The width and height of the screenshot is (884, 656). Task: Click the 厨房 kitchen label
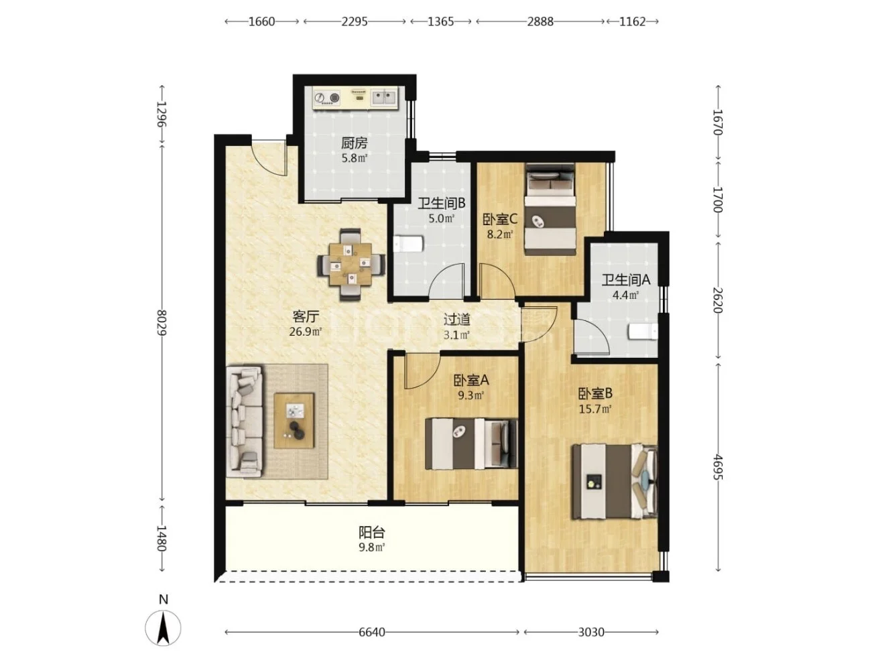coord(354,143)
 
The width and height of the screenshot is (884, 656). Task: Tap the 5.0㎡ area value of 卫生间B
coord(442,218)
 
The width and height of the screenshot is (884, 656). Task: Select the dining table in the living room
coord(351,264)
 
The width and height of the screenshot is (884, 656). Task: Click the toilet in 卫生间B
coord(407,244)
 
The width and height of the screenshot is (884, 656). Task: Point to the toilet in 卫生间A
coord(643,332)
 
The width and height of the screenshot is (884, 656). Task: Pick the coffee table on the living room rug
coord(294,420)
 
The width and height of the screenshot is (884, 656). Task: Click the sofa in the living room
coord(245,421)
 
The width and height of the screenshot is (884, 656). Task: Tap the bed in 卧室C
coord(550,209)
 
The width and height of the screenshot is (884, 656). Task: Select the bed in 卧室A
coord(470,444)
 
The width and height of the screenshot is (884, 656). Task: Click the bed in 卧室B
coord(614,482)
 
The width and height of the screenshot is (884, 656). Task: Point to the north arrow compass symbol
coord(163,628)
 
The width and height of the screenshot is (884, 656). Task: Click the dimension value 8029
coord(161,322)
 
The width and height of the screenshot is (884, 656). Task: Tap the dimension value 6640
coord(372,632)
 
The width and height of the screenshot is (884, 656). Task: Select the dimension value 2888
coord(540,21)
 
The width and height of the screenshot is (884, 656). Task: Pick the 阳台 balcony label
coord(371,532)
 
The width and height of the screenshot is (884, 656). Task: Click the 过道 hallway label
coord(457,319)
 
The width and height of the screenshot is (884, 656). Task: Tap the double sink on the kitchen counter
coord(384,97)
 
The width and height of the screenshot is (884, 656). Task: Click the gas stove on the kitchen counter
coord(327,98)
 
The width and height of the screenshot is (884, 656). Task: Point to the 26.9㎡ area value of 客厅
coord(306,332)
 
